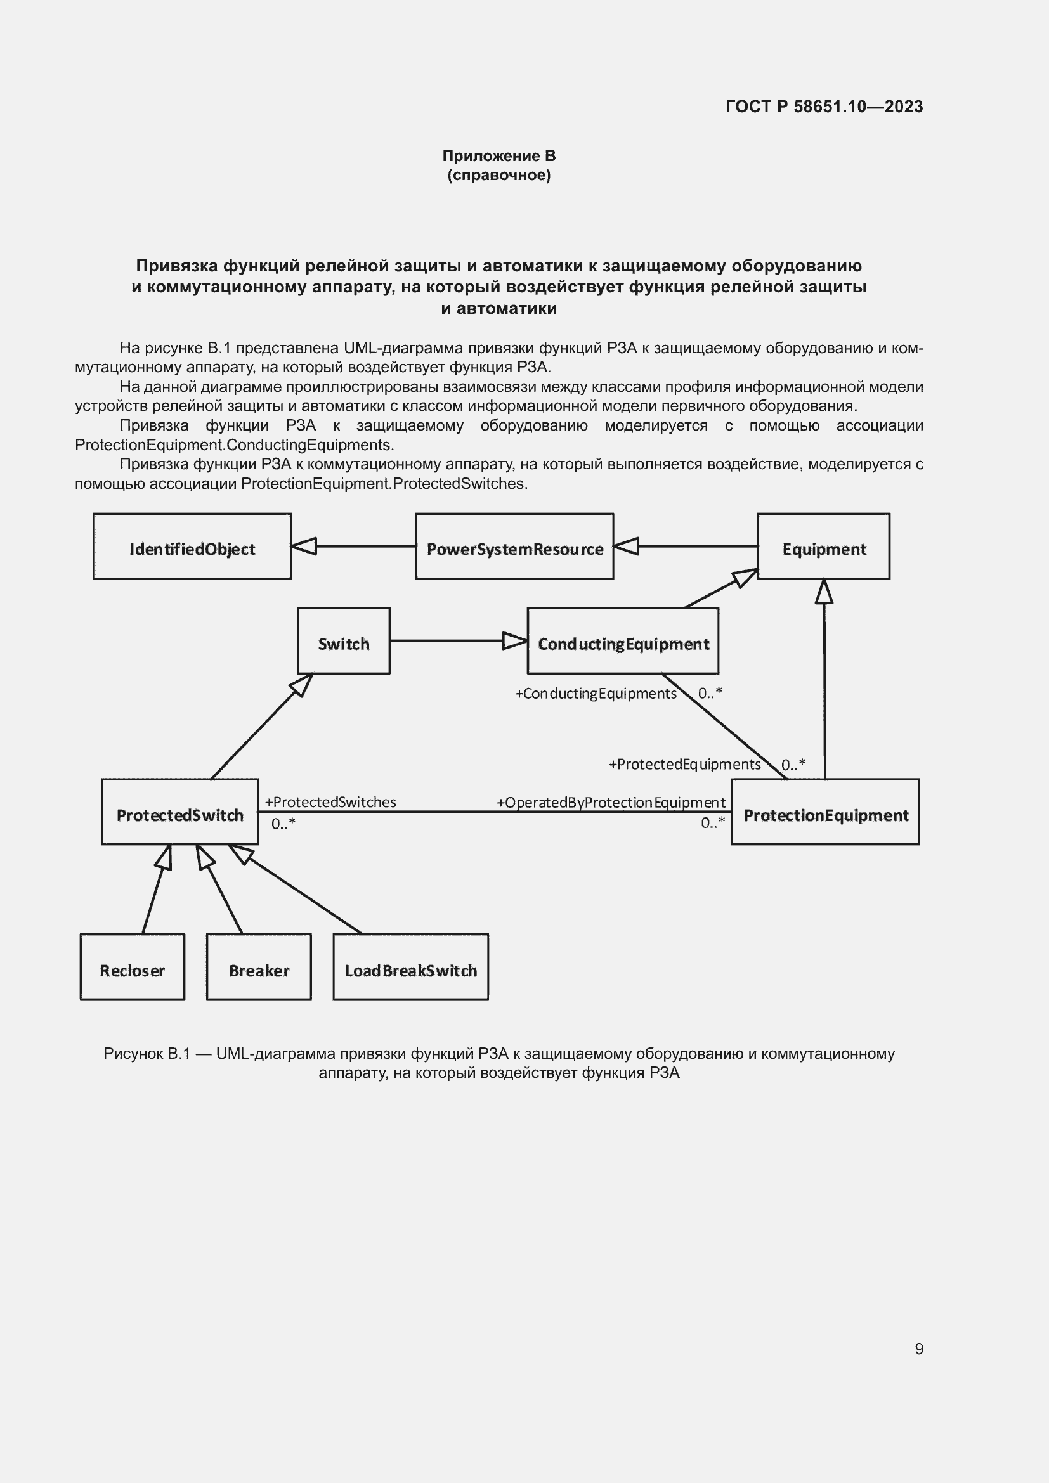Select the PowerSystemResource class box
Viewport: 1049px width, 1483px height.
coord(514,547)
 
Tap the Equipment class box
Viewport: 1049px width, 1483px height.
coord(823,547)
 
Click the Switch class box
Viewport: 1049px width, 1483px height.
coord(343,641)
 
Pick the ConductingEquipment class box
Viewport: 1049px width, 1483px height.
coord(623,641)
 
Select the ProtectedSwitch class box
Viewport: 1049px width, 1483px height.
coord(179,812)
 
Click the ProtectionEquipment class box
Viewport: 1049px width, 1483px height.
coord(825,812)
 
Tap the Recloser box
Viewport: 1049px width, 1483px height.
coord(132,967)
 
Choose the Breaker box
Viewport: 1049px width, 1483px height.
coord(258,967)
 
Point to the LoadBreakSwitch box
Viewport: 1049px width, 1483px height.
coord(410,967)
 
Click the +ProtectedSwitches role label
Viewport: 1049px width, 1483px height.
coord(330,802)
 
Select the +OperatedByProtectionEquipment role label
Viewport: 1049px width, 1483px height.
coord(611,803)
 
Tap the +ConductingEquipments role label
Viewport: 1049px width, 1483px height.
coord(596,694)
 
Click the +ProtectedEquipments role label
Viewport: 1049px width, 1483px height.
coord(685,765)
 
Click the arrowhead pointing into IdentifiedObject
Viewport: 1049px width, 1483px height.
coord(304,547)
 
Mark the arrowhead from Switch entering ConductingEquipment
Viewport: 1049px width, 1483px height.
coord(515,641)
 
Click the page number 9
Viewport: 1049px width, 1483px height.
coord(918,1349)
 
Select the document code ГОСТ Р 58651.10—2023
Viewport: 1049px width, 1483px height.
coord(824,107)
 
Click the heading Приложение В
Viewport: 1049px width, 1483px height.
coord(498,156)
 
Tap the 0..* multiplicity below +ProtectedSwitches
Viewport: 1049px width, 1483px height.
coord(283,824)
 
